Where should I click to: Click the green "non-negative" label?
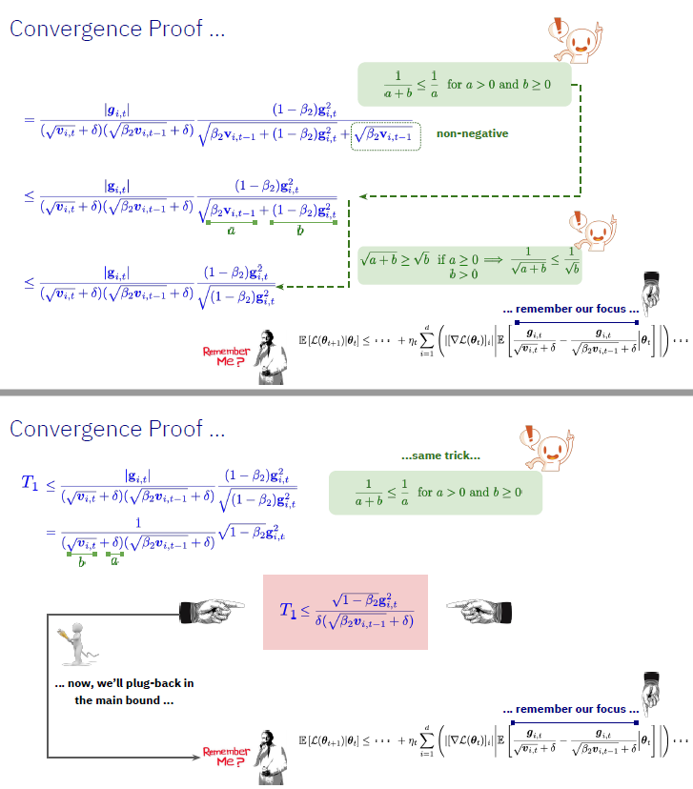[x=472, y=134]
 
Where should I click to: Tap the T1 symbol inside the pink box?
[x=289, y=611]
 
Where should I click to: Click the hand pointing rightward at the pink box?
[x=209, y=607]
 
